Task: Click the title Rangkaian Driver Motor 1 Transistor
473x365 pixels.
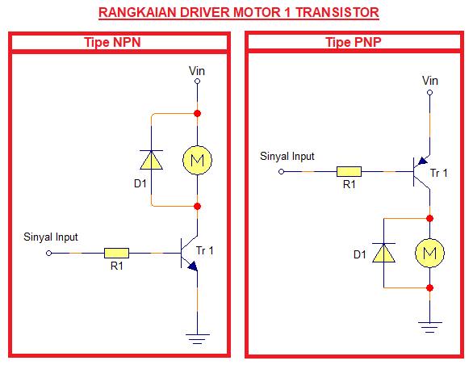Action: tap(237, 13)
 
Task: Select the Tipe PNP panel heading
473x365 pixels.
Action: tap(355, 42)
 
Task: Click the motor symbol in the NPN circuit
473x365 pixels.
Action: tap(196, 160)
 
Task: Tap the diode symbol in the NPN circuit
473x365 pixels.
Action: tap(152, 160)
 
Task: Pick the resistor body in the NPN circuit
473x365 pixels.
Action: tap(116, 253)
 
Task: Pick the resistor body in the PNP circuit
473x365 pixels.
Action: tap(349, 172)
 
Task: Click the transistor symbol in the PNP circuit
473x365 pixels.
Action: tap(421, 171)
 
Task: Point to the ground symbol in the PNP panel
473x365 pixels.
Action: tap(429, 326)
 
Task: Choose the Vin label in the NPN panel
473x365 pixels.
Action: tap(196, 71)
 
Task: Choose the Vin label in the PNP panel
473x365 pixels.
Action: tap(430, 80)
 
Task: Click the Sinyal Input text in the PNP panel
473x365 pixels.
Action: tap(287, 157)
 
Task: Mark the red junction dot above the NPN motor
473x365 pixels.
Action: tap(196, 114)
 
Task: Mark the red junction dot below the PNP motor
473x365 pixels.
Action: tap(429, 287)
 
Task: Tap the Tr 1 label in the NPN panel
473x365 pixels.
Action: tap(205, 251)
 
